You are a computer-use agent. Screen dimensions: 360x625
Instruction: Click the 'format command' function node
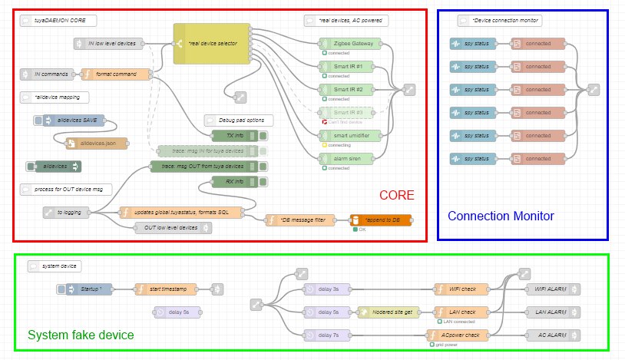point(115,74)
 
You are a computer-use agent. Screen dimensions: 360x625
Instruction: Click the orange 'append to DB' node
point(380,220)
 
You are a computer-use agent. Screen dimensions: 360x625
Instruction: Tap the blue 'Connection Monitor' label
point(501,216)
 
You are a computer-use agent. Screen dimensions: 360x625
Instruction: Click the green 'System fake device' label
point(81,335)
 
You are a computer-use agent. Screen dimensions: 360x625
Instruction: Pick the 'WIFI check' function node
point(461,289)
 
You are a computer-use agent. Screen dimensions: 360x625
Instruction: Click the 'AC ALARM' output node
point(551,335)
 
